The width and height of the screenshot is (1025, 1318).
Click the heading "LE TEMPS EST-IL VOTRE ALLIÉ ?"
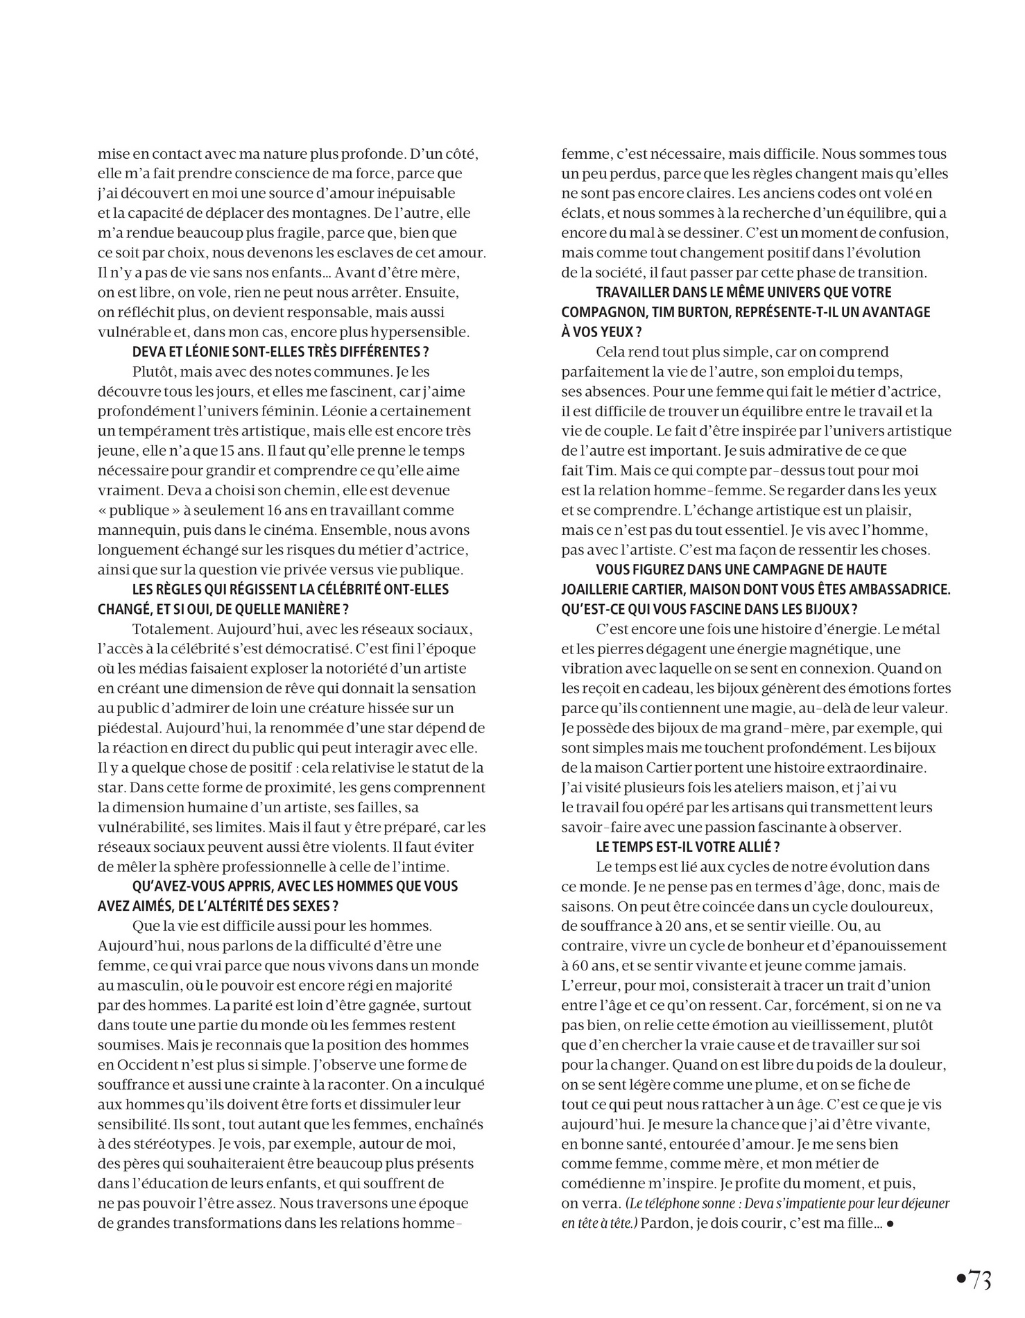coord(678,846)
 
